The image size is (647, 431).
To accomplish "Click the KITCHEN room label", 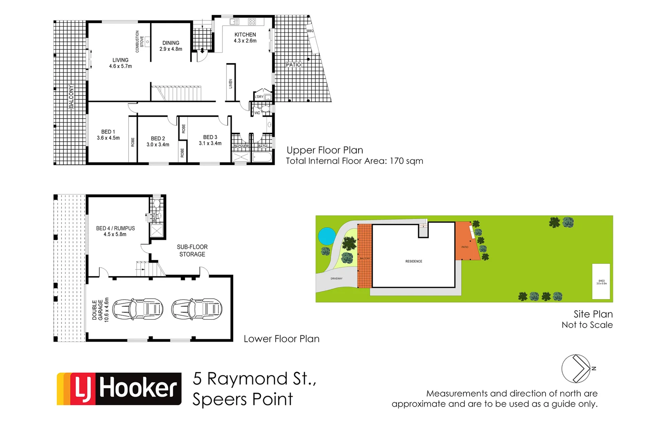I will click(245, 35).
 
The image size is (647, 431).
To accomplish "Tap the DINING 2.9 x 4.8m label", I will click(171, 46).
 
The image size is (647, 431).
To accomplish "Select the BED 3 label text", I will click(210, 140).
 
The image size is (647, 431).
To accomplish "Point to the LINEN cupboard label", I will click(230, 83).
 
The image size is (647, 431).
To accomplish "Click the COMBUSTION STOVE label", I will click(139, 42).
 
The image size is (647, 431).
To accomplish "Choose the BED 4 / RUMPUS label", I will click(115, 231).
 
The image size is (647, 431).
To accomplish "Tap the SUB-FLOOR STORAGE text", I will click(192, 251).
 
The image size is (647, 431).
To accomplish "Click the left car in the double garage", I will click(138, 309).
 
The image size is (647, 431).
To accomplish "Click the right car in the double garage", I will click(196, 309).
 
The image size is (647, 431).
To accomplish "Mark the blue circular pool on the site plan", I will click(327, 236).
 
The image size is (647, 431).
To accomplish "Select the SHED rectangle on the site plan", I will click(601, 281).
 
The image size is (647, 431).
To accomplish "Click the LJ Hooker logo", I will click(119, 389).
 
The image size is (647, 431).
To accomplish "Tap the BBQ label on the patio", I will click(310, 31).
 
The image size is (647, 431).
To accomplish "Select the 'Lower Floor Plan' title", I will click(282, 339).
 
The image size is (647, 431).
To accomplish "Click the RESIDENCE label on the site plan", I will click(414, 261).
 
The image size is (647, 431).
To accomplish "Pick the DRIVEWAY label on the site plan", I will click(336, 279).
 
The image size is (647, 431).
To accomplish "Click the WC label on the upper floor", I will click(257, 113).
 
